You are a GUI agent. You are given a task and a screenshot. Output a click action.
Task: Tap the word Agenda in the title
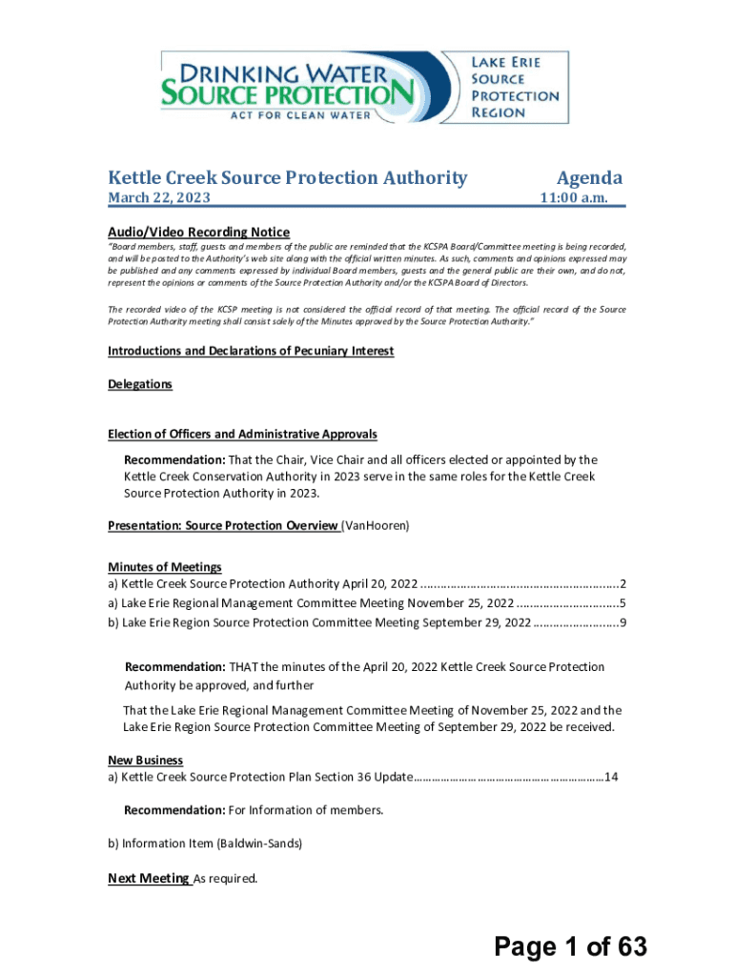589,178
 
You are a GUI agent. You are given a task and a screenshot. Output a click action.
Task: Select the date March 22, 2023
159,198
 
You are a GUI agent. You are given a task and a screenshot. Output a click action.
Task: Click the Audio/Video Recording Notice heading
198,232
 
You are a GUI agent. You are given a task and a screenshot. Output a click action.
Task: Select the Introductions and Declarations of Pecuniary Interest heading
251,351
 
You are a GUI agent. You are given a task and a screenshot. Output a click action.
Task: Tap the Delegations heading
140,383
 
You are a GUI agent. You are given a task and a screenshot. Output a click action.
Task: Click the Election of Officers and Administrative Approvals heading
242,434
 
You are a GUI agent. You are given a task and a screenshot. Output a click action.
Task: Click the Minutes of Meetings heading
164,566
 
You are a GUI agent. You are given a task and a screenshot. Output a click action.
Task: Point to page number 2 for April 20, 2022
622,584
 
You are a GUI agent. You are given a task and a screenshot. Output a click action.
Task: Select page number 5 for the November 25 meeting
622,603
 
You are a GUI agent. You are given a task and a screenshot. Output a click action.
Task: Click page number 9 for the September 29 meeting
622,622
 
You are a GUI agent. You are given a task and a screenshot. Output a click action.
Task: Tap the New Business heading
145,760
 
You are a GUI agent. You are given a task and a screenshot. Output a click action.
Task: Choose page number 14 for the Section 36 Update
612,777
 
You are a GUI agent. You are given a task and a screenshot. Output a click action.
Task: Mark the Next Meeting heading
149,879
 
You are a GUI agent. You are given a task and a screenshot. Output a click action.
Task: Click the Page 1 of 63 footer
570,946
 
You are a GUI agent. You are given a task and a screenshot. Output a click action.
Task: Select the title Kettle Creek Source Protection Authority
288,178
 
